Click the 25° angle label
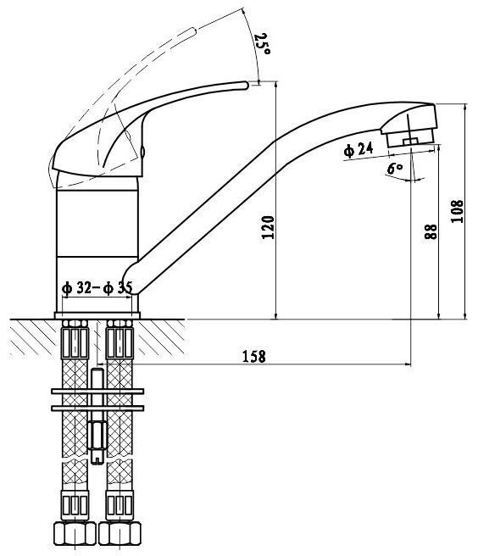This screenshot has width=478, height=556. pyautogui.click(x=263, y=43)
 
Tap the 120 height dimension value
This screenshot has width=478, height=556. pyautogui.click(x=268, y=227)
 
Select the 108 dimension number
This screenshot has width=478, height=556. pyautogui.click(x=457, y=211)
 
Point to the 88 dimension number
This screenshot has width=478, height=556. pyautogui.click(x=431, y=231)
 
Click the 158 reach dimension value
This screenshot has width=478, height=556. pyautogui.click(x=254, y=356)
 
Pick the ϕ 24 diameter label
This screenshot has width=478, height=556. pyautogui.click(x=358, y=150)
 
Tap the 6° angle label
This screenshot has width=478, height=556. pyautogui.click(x=395, y=168)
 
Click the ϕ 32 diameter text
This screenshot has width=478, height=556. pyautogui.click(x=77, y=288)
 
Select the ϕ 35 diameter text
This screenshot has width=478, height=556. pyautogui.click(x=118, y=288)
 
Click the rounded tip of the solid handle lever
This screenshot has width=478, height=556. pyautogui.click(x=246, y=85)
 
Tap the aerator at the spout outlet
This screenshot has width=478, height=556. pyautogui.click(x=410, y=138)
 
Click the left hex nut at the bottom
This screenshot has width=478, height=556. pyautogui.click(x=75, y=533)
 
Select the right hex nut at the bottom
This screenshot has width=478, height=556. pyautogui.click(x=119, y=533)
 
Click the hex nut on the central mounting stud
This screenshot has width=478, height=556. pyautogui.click(x=97, y=435)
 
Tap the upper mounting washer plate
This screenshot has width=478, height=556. pyautogui.click(x=97, y=391)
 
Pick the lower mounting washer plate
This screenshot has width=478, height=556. pyautogui.click(x=97, y=409)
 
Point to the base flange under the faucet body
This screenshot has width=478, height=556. pyautogui.click(x=97, y=315)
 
